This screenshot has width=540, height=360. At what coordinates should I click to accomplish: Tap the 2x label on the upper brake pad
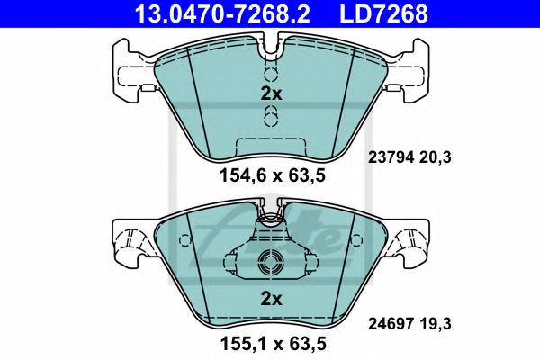pyautogui.click(x=271, y=94)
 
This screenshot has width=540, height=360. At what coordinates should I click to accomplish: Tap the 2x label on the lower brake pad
pyautogui.click(x=271, y=298)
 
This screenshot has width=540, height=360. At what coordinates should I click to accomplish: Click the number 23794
pyautogui.click(x=390, y=157)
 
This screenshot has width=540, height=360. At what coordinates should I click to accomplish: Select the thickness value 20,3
pyautogui.click(x=436, y=157)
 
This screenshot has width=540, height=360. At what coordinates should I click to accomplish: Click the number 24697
pyautogui.click(x=390, y=319)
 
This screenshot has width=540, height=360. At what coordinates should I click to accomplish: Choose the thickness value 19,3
pyautogui.click(x=436, y=319)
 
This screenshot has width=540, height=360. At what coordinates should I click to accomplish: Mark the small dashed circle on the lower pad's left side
pyautogui.click(x=184, y=240)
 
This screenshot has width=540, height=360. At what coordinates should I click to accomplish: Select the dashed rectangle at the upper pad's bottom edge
pyautogui.click(x=271, y=142)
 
